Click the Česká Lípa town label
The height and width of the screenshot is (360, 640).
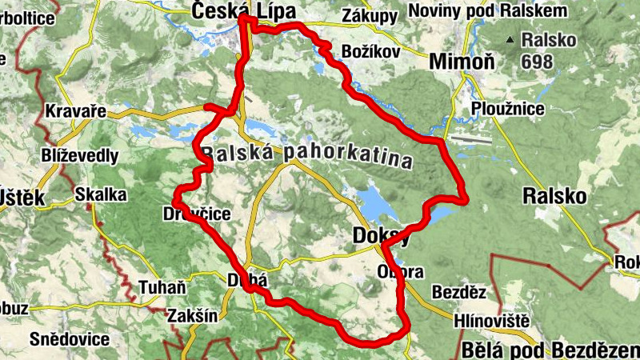pos(244,10)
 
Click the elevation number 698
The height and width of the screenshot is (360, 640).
pos(540,60)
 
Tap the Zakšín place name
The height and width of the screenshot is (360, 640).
pos(192,315)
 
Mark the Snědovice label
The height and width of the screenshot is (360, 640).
pos(70,339)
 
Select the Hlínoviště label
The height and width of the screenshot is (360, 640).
pos(491,322)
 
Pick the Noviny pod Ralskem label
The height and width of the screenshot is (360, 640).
pos(488,10)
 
